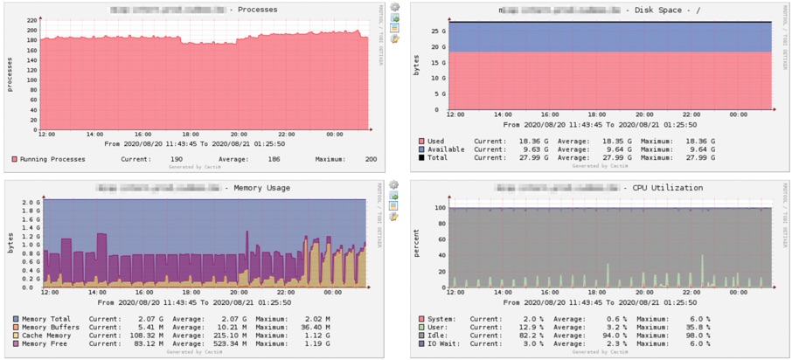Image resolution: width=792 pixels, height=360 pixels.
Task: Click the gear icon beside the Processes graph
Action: click(395, 7)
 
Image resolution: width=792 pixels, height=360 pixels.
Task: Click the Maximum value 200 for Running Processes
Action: click(371, 159)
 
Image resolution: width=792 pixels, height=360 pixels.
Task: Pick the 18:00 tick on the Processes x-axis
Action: click(191, 135)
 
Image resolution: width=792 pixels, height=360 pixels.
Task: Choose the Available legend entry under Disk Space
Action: click(446, 149)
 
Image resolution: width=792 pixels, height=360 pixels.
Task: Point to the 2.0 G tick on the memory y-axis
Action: click(31, 203)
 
